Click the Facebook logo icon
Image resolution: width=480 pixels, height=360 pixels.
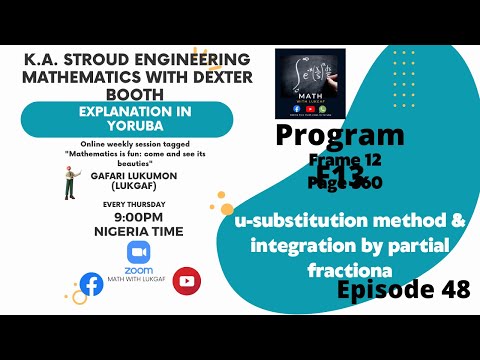(91, 284)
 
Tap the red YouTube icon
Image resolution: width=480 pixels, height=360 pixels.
(185, 280)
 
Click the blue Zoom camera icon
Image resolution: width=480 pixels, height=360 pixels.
(139, 252)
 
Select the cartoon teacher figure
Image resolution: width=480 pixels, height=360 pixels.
(70, 182)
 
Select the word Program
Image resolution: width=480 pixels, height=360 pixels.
(339, 135)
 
